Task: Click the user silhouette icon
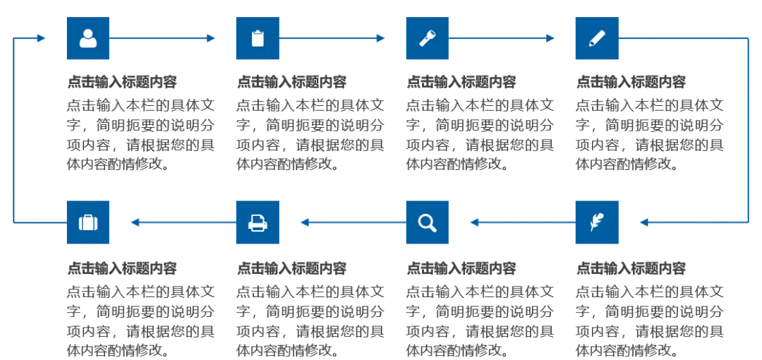click(x=87, y=39)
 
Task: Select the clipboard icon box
click(x=257, y=39)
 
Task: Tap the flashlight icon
click(x=426, y=39)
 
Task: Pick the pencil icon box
click(x=595, y=39)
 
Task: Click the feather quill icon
click(x=595, y=222)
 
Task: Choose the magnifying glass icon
click(x=426, y=222)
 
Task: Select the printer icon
click(x=257, y=222)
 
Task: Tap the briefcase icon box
click(x=87, y=222)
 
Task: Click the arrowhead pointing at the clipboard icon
click(x=210, y=39)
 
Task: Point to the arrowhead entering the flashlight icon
click(x=380, y=39)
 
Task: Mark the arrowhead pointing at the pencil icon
click(x=549, y=39)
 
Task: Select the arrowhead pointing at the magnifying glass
click(x=475, y=222)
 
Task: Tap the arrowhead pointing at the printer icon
click(x=306, y=222)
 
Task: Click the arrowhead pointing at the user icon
click(x=41, y=39)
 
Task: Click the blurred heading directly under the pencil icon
click(x=631, y=83)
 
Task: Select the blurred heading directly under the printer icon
click(x=293, y=268)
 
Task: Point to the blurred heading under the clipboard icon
click(x=293, y=83)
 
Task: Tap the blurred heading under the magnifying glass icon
click(x=462, y=268)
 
